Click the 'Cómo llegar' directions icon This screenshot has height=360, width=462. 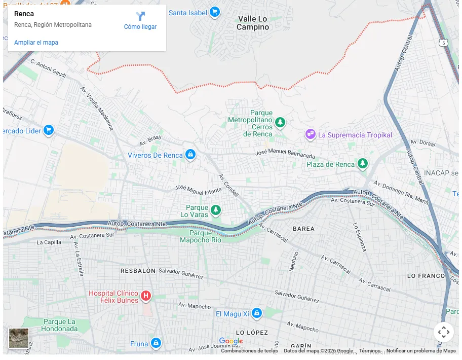click(140, 16)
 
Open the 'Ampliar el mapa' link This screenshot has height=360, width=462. click(36, 43)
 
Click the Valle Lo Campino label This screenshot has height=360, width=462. click(253, 23)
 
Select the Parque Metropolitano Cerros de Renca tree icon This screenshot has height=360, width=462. click(280, 123)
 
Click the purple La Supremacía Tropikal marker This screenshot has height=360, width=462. click(310, 134)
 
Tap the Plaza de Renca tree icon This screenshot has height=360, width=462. click(362, 164)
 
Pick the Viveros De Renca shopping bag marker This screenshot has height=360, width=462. click(190, 155)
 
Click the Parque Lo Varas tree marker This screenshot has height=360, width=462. click(216, 209)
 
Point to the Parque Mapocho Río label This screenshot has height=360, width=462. click(201, 237)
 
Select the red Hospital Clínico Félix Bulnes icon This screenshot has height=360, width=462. click(146, 295)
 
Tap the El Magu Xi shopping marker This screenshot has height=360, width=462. click(256, 314)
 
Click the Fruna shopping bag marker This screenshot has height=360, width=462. click(156, 343)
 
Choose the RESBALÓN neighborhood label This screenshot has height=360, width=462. click(138, 271)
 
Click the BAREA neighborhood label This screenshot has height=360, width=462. click(303, 229)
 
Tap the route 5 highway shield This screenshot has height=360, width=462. click(444, 43)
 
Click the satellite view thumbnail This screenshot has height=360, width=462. click(19, 338)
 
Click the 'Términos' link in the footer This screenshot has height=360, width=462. click(369, 351)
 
